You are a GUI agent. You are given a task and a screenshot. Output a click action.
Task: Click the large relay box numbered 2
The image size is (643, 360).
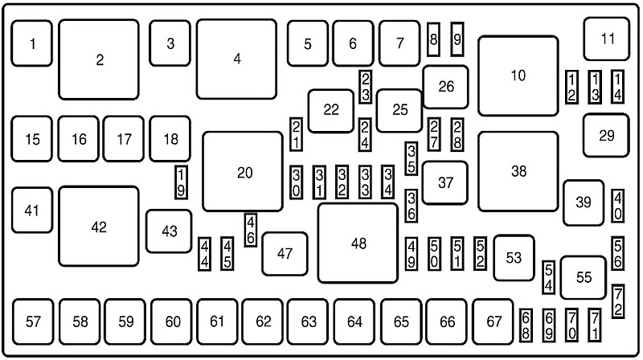click(x=99, y=59)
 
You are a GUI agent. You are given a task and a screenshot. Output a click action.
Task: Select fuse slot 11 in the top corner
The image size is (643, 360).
click(x=606, y=38)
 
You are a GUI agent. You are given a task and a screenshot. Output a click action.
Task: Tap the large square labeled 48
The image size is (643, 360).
click(x=358, y=243)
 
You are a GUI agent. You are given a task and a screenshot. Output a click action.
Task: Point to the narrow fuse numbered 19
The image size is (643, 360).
click(x=182, y=181)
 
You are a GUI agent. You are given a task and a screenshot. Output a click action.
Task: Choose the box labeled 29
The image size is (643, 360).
click(x=605, y=135)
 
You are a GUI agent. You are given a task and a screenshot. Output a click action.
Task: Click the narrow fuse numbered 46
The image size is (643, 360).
click(x=251, y=230)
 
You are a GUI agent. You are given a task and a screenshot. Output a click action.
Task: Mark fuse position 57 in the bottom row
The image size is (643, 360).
click(x=33, y=321)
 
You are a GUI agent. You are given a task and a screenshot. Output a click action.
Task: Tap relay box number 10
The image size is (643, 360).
click(x=518, y=76)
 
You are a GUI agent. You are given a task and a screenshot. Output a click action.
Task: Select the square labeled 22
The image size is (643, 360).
click(x=331, y=110)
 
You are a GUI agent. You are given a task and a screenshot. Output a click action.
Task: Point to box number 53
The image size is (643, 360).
click(x=514, y=258)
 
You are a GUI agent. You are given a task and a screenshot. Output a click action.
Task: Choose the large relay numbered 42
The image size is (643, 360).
click(x=99, y=227)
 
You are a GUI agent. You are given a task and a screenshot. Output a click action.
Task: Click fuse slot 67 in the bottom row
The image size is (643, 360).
click(x=494, y=321)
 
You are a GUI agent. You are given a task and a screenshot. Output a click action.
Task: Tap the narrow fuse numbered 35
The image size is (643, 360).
click(x=411, y=159)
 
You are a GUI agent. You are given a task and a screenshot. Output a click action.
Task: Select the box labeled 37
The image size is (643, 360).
click(x=445, y=182)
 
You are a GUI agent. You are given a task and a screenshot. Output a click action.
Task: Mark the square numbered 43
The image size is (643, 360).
click(x=169, y=231)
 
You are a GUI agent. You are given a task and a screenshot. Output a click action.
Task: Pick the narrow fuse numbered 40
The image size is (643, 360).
click(x=617, y=206)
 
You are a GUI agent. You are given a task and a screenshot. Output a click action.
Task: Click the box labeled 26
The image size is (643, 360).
click(x=445, y=87)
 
